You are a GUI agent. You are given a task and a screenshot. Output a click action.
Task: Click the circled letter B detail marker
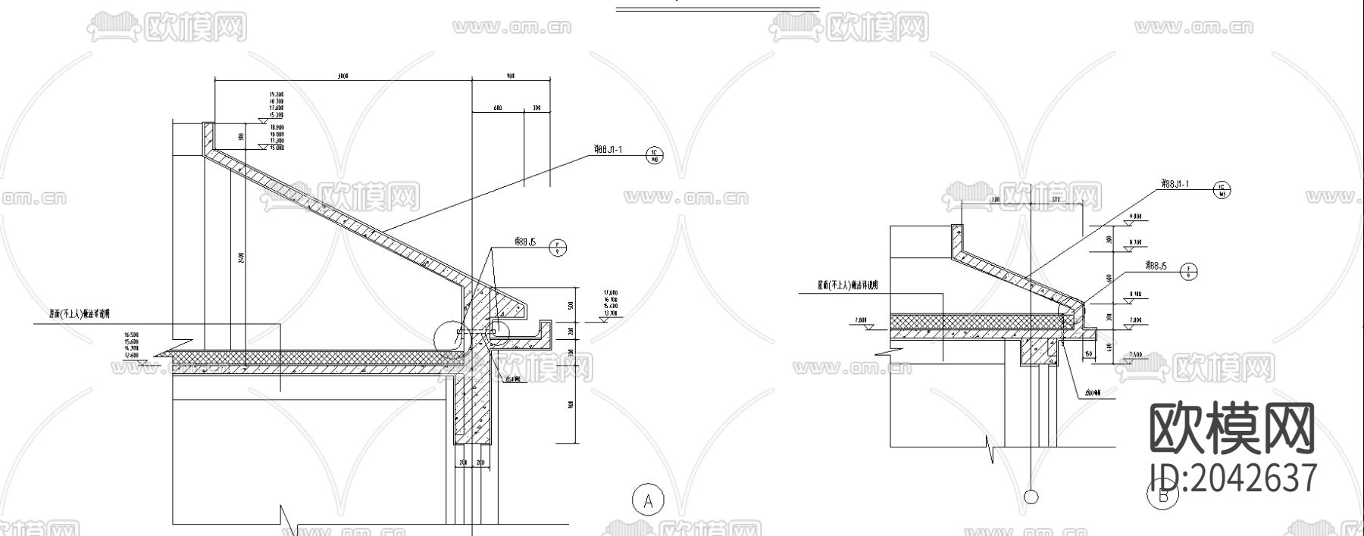click(x=1162, y=497)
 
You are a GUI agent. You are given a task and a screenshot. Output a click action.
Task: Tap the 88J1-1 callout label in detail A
click(x=605, y=150)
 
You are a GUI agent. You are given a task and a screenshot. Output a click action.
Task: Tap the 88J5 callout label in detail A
click(x=525, y=242)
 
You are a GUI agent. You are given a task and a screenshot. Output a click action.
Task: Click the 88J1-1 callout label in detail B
click(x=1176, y=184)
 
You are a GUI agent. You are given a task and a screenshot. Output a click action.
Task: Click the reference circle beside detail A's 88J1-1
click(x=654, y=156)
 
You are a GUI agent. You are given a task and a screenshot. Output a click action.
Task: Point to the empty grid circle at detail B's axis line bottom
click(x=1031, y=497)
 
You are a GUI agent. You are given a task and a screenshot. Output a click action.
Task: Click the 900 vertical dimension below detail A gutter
click(x=571, y=405)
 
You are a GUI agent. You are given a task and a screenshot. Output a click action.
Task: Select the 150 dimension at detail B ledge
click(x=1088, y=354)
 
